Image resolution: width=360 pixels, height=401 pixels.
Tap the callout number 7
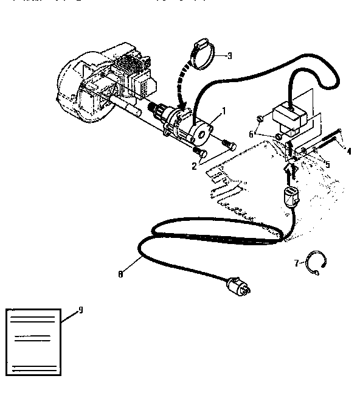(296, 263)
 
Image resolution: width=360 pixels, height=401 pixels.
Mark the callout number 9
(81, 310)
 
